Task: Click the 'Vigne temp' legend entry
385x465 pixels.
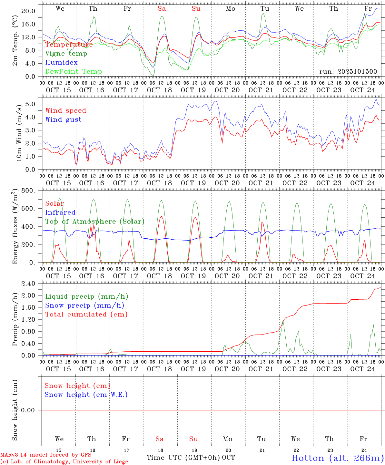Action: pyautogui.click(x=66, y=54)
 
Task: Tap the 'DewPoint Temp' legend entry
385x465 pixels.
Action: pyautogui.click(x=74, y=72)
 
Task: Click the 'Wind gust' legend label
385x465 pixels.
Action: pyautogui.click(x=63, y=119)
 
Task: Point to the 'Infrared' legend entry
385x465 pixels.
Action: pyautogui.click(x=60, y=212)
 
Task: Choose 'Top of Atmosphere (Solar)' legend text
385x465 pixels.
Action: pyautogui.click(x=95, y=222)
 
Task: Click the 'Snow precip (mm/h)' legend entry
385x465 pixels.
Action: pyautogui.click(x=84, y=305)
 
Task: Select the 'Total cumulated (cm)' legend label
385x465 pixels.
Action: pyautogui.click(x=86, y=315)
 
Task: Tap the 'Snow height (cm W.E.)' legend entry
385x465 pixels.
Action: pyautogui.click(x=86, y=395)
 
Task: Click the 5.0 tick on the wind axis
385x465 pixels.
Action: pyautogui.click(x=31, y=104)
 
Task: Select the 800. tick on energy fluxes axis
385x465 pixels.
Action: pyautogui.click(x=28, y=191)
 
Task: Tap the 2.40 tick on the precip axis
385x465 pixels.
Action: pyautogui.click(x=28, y=284)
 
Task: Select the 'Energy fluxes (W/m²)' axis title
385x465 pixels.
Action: pyautogui.click(x=15, y=227)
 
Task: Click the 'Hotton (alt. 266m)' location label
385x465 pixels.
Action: pyautogui.click(x=337, y=458)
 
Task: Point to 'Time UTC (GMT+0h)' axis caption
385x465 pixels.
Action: pyautogui.click(x=183, y=458)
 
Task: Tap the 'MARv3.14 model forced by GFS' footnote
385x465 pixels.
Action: pyautogui.click(x=45, y=455)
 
